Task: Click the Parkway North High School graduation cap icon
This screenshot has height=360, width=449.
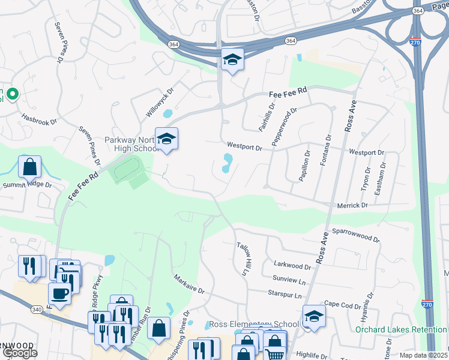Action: click(x=166, y=139)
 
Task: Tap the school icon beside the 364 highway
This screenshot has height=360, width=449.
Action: click(x=232, y=59)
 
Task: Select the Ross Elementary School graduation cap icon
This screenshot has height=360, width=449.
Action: click(x=314, y=316)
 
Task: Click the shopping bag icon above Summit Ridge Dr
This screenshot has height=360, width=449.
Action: click(x=29, y=166)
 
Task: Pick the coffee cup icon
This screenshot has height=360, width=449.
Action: click(x=59, y=293)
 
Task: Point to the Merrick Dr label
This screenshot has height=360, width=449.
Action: click(x=352, y=205)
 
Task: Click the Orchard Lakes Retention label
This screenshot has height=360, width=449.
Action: click(x=400, y=329)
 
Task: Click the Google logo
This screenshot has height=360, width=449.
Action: click(x=20, y=353)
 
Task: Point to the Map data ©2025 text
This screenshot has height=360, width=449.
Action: click(x=423, y=355)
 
